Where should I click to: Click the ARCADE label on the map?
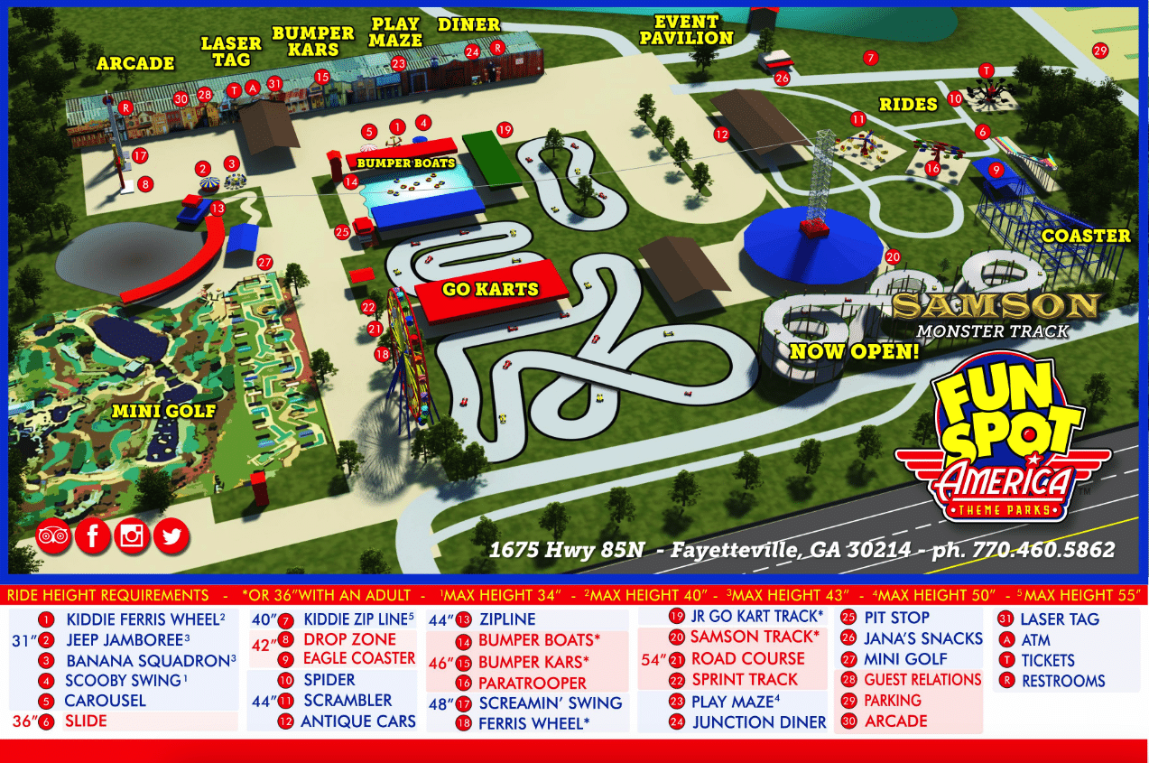click(x=135, y=63)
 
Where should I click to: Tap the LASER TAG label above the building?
click(x=231, y=51)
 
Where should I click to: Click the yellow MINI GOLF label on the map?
click(x=163, y=411)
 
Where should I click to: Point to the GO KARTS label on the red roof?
click(x=490, y=290)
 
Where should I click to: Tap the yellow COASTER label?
click(x=1086, y=236)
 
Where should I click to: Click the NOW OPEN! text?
click(x=854, y=350)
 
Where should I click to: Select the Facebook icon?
click(x=92, y=536)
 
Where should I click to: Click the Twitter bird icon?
click(x=171, y=536)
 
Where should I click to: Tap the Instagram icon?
click(x=132, y=536)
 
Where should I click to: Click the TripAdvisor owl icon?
click(x=53, y=536)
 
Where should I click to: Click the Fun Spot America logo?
click(x=1001, y=447)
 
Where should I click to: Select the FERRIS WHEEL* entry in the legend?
click(x=533, y=722)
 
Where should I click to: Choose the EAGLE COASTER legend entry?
click(x=358, y=658)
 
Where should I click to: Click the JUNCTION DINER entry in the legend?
click(x=759, y=721)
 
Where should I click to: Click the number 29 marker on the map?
click(x=1099, y=51)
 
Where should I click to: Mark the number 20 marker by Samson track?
click(x=893, y=256)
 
